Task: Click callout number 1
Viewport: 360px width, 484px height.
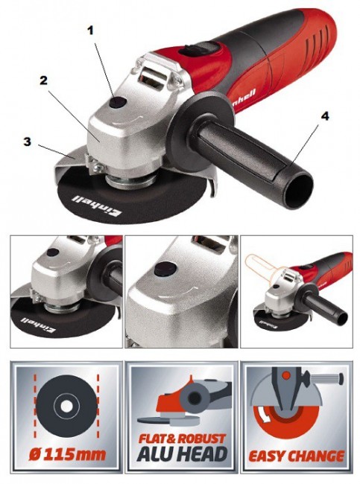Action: point(90,31)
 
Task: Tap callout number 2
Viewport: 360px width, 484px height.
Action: point(43,80)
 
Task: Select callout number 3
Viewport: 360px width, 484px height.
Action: point(28,142)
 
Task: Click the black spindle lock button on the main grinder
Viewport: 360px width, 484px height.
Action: point(119,103)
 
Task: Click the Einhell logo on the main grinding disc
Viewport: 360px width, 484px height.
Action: point(97,206)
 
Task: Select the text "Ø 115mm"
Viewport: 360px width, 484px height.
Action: point(67,454)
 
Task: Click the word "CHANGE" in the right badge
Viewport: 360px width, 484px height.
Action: point(318,456)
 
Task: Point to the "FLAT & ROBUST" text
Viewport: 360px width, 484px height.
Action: point(182,439)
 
